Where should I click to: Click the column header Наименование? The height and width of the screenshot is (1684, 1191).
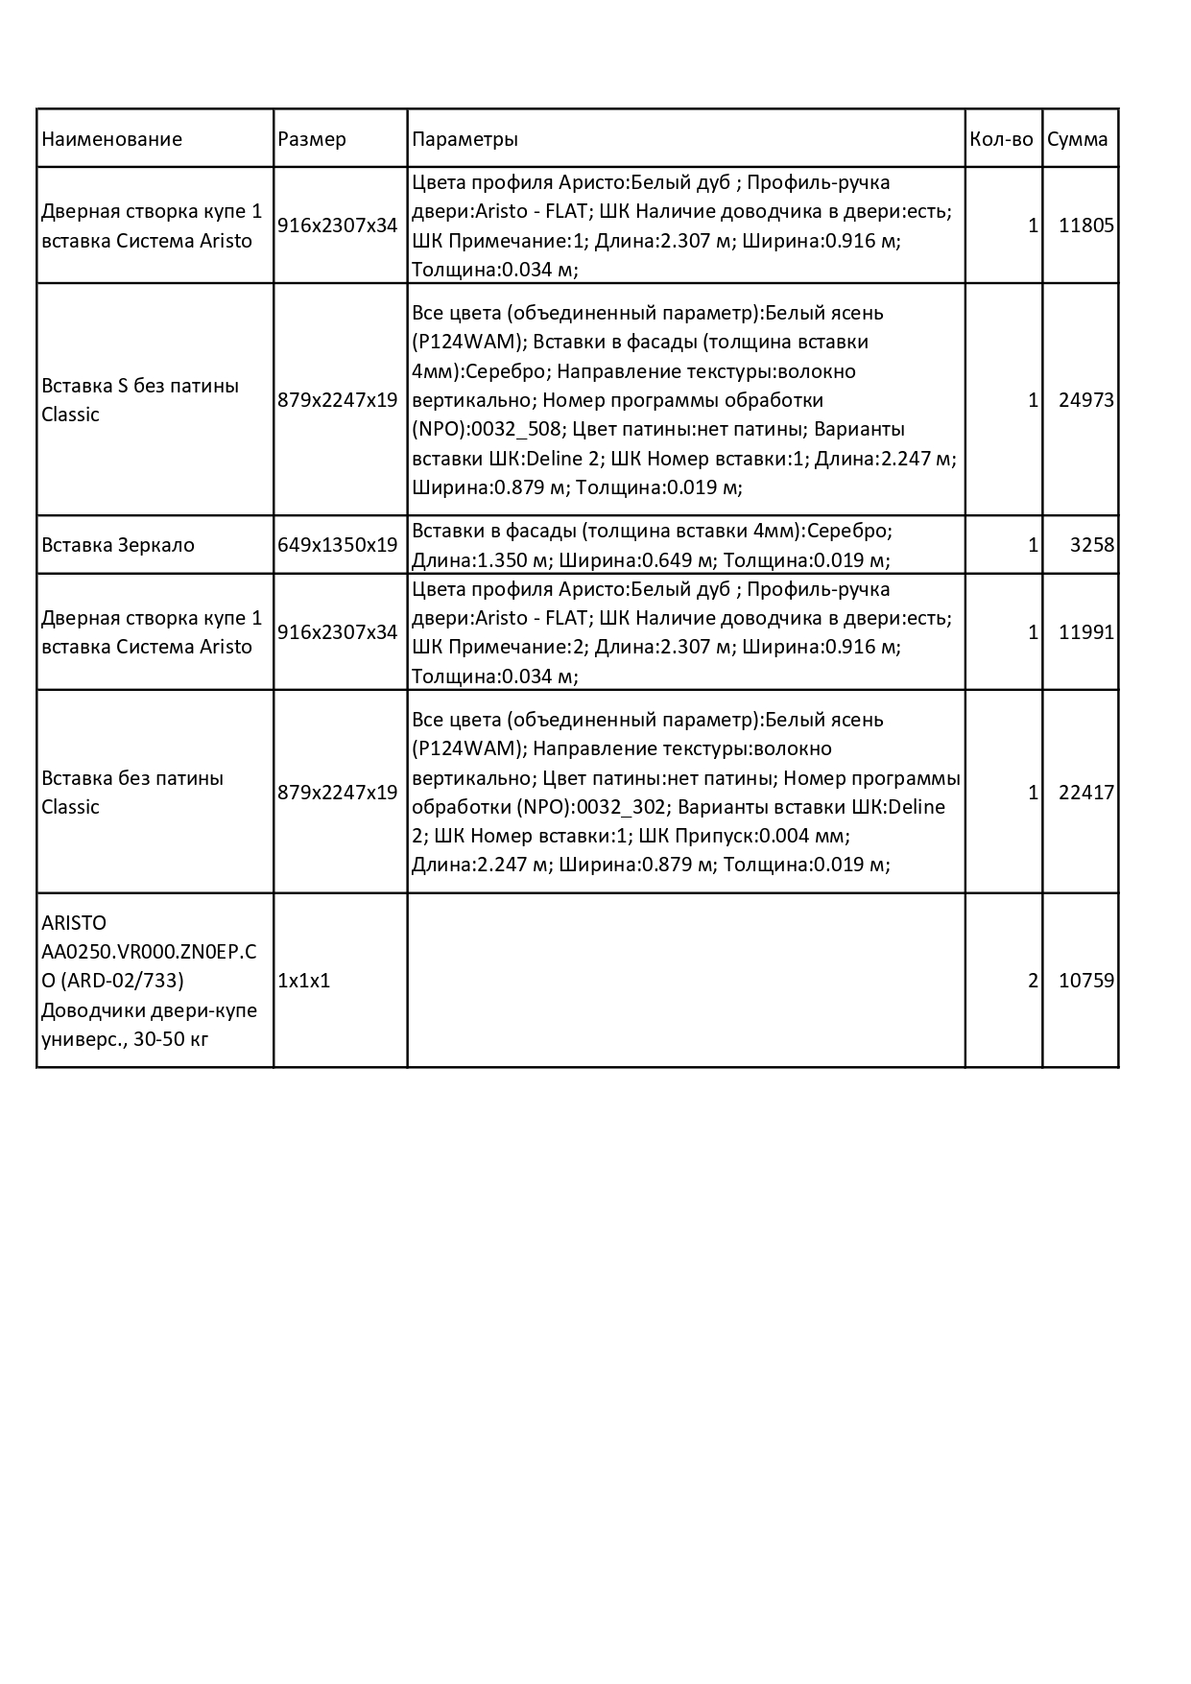111,139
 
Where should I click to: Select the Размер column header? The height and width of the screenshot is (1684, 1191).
312,139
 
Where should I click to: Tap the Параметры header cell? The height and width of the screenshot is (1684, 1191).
464,139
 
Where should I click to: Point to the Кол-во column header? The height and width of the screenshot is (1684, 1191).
1001,139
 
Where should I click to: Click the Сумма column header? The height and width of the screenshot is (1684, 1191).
1077,139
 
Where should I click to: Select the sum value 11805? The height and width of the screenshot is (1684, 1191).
1085,225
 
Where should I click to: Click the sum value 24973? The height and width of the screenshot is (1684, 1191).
1085,400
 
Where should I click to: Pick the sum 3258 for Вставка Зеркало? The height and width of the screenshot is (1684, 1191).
1091,545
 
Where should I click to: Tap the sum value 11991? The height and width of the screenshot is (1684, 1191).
1085,632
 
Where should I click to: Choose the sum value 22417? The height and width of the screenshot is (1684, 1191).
1085,793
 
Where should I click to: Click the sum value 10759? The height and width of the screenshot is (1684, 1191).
1085,981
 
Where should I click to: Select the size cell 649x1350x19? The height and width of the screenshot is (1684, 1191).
337,545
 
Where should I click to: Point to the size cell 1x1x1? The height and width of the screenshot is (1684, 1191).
303,981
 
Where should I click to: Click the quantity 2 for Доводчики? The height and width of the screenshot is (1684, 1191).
1033,981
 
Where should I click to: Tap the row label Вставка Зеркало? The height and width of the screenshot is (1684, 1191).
118,545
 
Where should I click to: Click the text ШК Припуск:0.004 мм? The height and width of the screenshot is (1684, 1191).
744,836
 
